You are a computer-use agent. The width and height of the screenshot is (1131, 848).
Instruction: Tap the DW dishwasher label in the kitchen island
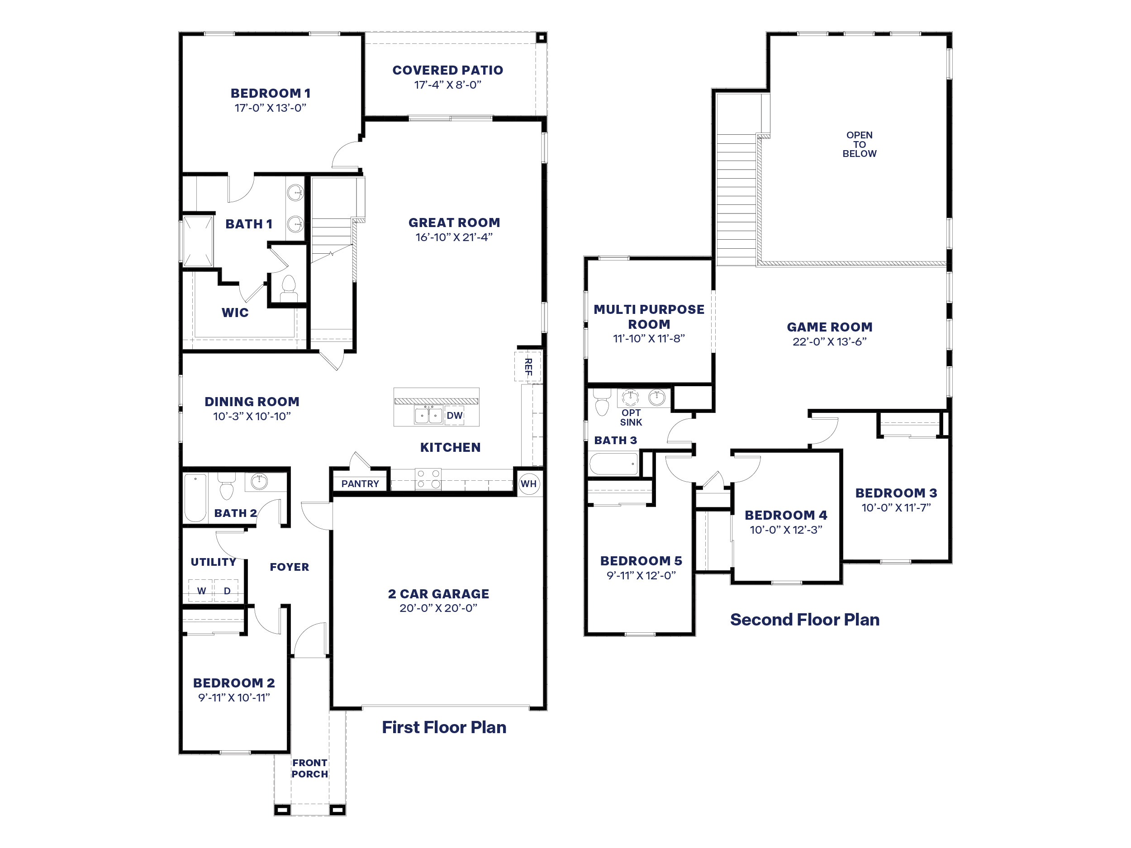coord(454,416)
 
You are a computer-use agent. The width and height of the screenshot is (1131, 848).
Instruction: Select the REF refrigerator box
coord(527,366)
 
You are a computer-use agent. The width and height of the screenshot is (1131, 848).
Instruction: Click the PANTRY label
coord(360,483)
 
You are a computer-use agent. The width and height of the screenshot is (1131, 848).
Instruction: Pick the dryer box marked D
coord(226,590)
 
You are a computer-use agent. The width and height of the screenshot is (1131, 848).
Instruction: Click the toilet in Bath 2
coord(226,487)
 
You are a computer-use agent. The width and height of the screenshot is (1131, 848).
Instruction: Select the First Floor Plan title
coord(444,727)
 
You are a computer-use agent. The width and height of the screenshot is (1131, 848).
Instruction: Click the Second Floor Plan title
coord(804,620)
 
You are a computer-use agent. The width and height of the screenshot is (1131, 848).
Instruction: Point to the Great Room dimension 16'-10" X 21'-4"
coord(453,237)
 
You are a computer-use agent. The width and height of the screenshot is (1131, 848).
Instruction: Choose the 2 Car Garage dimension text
coord(438,608)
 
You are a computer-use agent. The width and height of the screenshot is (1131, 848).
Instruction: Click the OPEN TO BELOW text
coord(859,144)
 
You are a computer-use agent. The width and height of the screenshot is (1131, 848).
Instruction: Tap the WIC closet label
coord(235,313)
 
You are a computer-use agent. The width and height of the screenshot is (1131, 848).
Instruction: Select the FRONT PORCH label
coord(309,768)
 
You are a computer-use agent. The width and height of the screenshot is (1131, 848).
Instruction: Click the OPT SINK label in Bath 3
coord(631,417)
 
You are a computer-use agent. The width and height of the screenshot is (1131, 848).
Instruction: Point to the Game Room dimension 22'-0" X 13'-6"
coord(829,341)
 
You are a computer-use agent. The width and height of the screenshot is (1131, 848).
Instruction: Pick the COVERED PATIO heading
coord(447,70)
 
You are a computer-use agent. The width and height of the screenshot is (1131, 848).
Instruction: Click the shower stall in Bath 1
coord(197,241)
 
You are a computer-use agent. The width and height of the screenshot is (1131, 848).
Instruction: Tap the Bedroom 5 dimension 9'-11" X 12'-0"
coord(641,575)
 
